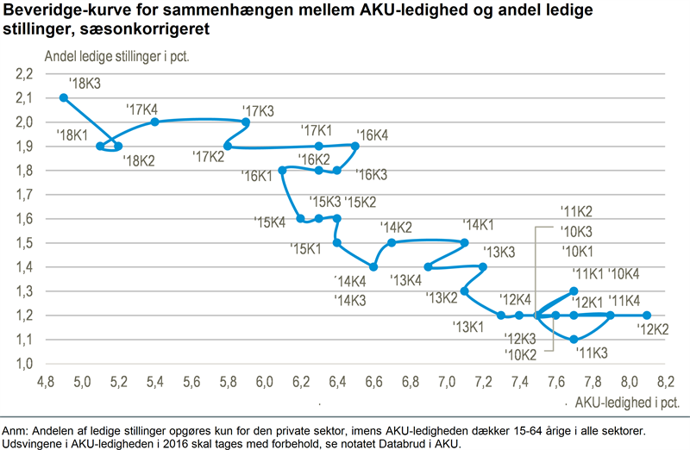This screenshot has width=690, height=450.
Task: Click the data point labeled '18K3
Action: (64, 97)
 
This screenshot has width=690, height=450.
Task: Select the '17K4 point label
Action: (141, 109)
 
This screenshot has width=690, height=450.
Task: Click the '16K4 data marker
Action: (355, 146)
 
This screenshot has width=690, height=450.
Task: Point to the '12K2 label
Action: (653, 328)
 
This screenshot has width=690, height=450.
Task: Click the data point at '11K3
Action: (574, 339)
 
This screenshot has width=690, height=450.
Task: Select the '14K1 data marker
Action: (465, 242)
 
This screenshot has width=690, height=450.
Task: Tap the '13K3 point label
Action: (499, 252)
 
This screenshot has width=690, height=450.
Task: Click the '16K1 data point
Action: (282, 170)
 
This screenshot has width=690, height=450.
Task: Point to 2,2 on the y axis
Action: (23, 74)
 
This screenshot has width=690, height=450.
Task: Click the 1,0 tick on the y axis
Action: (23, 363)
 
